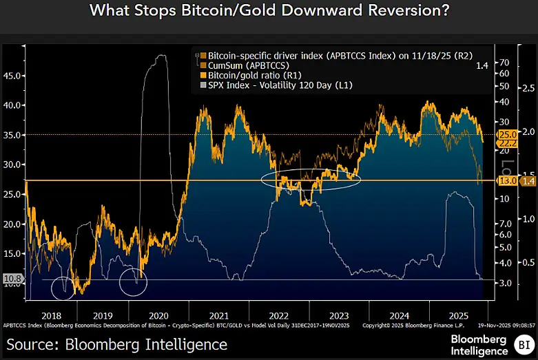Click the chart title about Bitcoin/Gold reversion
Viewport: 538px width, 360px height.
269,12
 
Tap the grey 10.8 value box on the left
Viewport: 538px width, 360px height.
12,279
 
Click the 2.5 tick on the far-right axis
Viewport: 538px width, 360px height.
527,89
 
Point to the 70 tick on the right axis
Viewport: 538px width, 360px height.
504,61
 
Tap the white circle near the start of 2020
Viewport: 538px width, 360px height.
134,281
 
